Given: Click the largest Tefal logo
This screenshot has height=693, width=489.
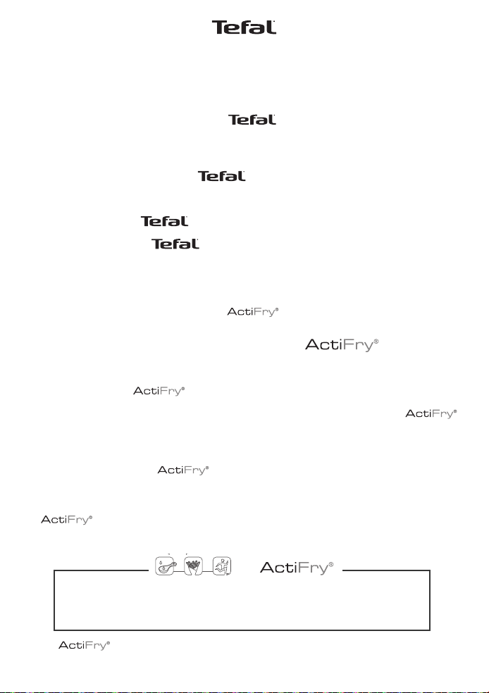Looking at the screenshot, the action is click(244, 27).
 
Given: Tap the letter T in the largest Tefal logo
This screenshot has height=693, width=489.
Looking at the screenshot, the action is click(219, 27).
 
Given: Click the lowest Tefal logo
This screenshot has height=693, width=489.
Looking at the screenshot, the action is click(175, 244).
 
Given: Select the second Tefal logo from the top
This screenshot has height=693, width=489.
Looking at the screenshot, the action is click(252, 120).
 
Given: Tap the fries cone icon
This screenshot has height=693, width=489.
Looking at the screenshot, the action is click(193, 566).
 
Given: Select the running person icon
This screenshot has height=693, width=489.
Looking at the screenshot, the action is click(222, 566).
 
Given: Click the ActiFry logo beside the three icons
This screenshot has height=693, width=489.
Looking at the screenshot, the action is click(297, 568).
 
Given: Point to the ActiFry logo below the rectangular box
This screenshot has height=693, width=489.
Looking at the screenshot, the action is click(84, 646).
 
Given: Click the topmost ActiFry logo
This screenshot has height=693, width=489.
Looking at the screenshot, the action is click(253, 312).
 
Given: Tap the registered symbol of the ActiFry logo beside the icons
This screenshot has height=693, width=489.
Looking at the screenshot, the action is click(331, 564).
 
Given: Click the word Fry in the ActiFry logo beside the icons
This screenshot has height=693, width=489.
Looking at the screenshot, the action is click(313, 568).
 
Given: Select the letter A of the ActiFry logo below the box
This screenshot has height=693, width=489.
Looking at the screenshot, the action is click(63, 645).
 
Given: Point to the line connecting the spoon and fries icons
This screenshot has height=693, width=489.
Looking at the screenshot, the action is click(180, 571).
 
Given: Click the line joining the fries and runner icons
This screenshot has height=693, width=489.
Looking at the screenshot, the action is click(208, 571).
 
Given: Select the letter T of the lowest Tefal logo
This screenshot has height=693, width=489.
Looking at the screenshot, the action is click(156, 244).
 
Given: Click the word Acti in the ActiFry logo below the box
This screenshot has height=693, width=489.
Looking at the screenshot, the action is click(70, 645).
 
